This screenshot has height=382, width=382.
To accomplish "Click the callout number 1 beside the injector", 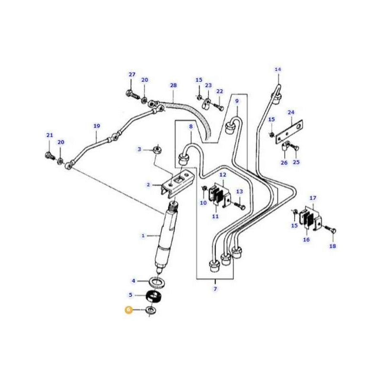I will point(143,235).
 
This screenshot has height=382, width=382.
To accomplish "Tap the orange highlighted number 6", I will point(128,310).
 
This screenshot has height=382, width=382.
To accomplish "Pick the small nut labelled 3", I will point(156,150).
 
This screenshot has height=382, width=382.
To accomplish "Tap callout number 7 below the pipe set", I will point(215,289).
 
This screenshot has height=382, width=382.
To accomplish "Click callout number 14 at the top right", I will point(278,70).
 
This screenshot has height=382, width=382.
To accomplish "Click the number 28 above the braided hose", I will point(173,85).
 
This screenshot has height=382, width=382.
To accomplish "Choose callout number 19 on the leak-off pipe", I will point(96,126).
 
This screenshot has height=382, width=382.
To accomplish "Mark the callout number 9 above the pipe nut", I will point(236,101).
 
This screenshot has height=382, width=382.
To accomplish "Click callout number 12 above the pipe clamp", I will point(223,176).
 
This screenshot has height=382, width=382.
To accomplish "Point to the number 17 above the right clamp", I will point(313,198).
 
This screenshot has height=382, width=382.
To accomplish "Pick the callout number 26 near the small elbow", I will point(284,162).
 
